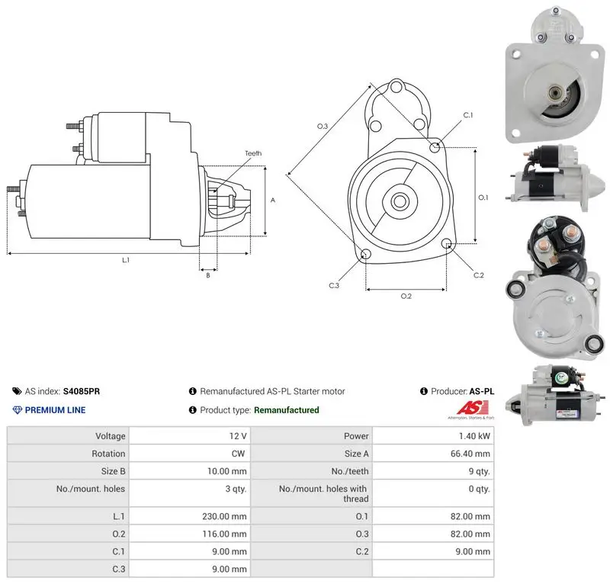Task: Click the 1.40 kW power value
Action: (x=474, y=436)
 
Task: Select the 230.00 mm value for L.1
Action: (x=224, y=516)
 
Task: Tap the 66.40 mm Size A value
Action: (x=470, y=454)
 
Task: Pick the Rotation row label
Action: (x=108, y=454)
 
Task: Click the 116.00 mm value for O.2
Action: (x=224, y=534)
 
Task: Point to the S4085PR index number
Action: (x=82, y=391)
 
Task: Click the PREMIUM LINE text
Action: (x=55, y=410)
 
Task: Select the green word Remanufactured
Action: (x=287, y=410)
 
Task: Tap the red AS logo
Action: (x=472, y=408)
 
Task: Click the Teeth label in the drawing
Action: (x=253, y=153)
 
